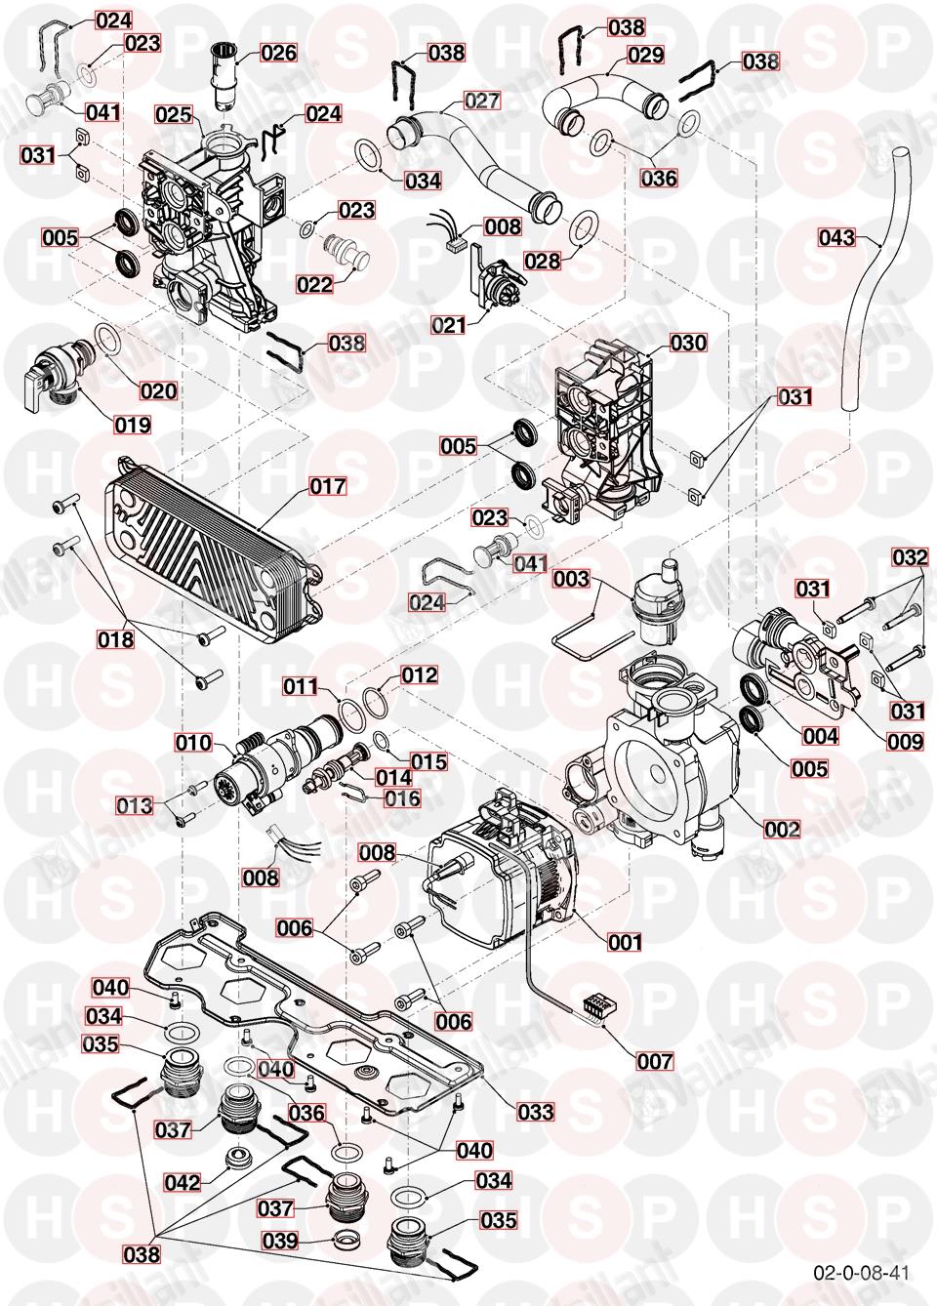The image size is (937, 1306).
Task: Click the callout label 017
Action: pyautogui.click(x=329, y=485)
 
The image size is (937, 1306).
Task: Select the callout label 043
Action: pyautogui.click(x=836, y=237)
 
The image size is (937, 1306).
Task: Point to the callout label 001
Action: pyautogui.click(x=625, y=942)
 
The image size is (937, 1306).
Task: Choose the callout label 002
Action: pyautogui.click(x=781, y=829)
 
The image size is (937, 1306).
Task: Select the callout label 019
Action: pyautogui.click(x=132, y=425)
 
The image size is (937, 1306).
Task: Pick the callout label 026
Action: pyautogui.click(x=278, y=52)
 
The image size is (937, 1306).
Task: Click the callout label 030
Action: pyautogui.click(x=688, y=344)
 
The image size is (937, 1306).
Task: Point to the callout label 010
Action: pyautogui.click(x=193, y=743)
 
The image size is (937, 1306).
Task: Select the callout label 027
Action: pyautogui.click(x=481, y=101)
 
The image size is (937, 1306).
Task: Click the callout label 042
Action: pyautogui.click(x=183, y=1182)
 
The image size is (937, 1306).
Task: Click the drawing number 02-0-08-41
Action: pyautogui.click(x=860, y=1273)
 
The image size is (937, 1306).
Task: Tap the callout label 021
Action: pyautogui.click(x=449, y=325)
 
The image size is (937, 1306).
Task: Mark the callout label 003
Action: pyautogui.click(x=571, y=579)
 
